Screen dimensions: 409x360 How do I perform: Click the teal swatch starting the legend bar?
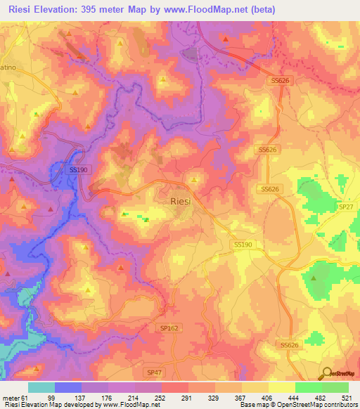coord(41,388)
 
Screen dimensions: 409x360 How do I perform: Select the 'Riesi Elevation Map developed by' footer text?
coord(49,404)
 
